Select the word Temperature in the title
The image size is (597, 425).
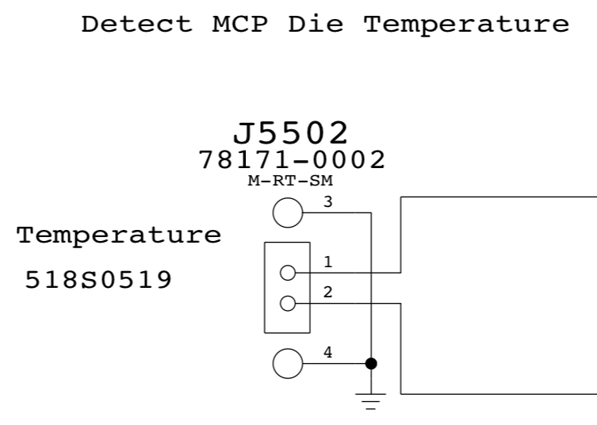point(466,24)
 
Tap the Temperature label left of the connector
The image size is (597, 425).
point(119,235)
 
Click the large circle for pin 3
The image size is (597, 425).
point(287,212)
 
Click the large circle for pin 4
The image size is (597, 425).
point(287,364)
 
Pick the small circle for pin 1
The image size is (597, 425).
point(288,273)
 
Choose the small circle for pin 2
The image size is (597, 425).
point(288,303)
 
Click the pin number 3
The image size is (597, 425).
point(327,202)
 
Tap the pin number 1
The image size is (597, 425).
point(327,262)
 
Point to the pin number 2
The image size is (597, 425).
point(327,292)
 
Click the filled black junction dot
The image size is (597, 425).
point(370,364)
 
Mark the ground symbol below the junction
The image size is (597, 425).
point(370,405)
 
